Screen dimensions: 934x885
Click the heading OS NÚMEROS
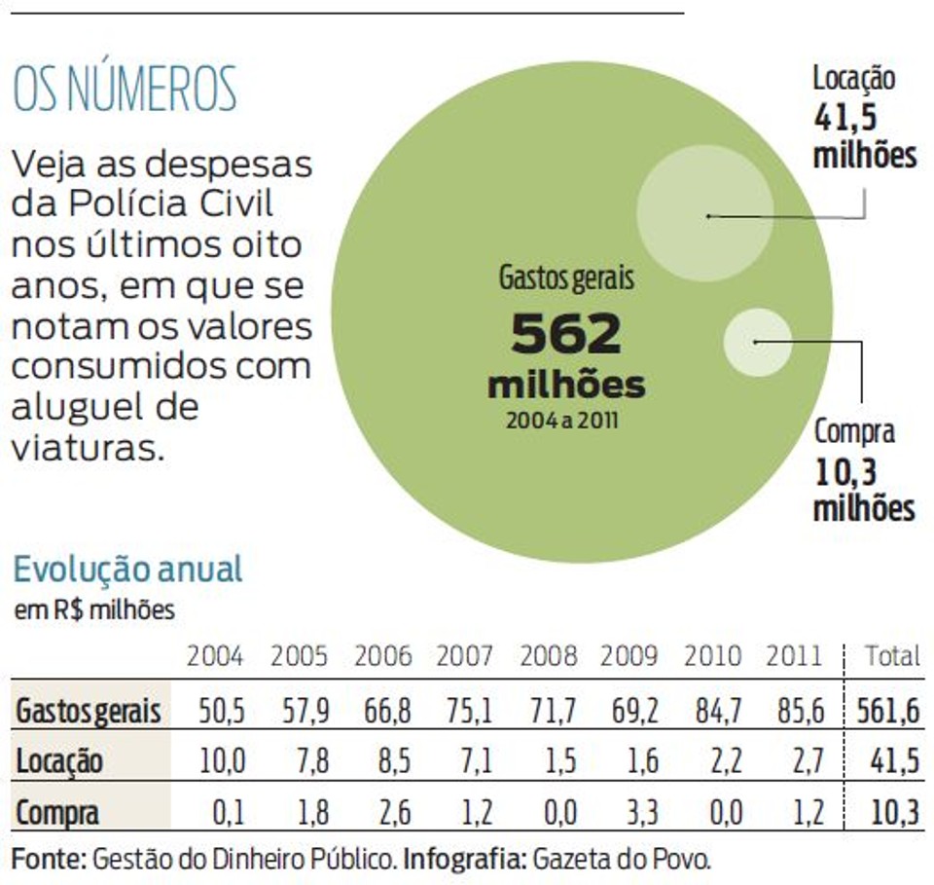pyautogui.click(x=125, y=90)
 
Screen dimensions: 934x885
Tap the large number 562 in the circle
pyautogui.click(x=566, y=334)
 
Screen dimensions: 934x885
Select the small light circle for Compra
pyautogui.click(x=758, y=343)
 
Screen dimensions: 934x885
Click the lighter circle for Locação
pyautogui.click(x=705, y=213)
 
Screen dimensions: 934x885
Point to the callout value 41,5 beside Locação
pyautogui.click(x=845, y=117)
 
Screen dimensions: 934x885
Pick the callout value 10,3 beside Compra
pyautogui.click(x=845, y=472)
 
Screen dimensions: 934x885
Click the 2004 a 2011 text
pyautogui.click(x=562, y=421)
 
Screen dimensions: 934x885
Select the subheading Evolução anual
pyautogui.click(x=128, y=569)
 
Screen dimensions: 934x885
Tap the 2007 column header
pyautogui.click(x=465, y=656)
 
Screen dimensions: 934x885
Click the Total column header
pyautogui.click(x=892, y=656)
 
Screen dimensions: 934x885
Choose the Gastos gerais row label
pyautogui.click(x=89, y=711)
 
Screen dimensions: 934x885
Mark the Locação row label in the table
pyautogui.click(x=59, y=761)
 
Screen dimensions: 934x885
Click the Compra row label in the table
pyautogui.click(x=57, y=813)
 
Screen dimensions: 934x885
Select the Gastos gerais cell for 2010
pyautogui.click(x=718, y=711)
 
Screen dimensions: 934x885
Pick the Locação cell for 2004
pyautogui.click(x=222, y=761)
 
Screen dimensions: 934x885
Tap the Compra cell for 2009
pyautogui.click(x=642, y=812)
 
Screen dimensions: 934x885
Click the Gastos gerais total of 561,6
pyautogui.click(x=888, y=711)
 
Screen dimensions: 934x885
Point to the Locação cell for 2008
pyautogui.click(x=560, y=761)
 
